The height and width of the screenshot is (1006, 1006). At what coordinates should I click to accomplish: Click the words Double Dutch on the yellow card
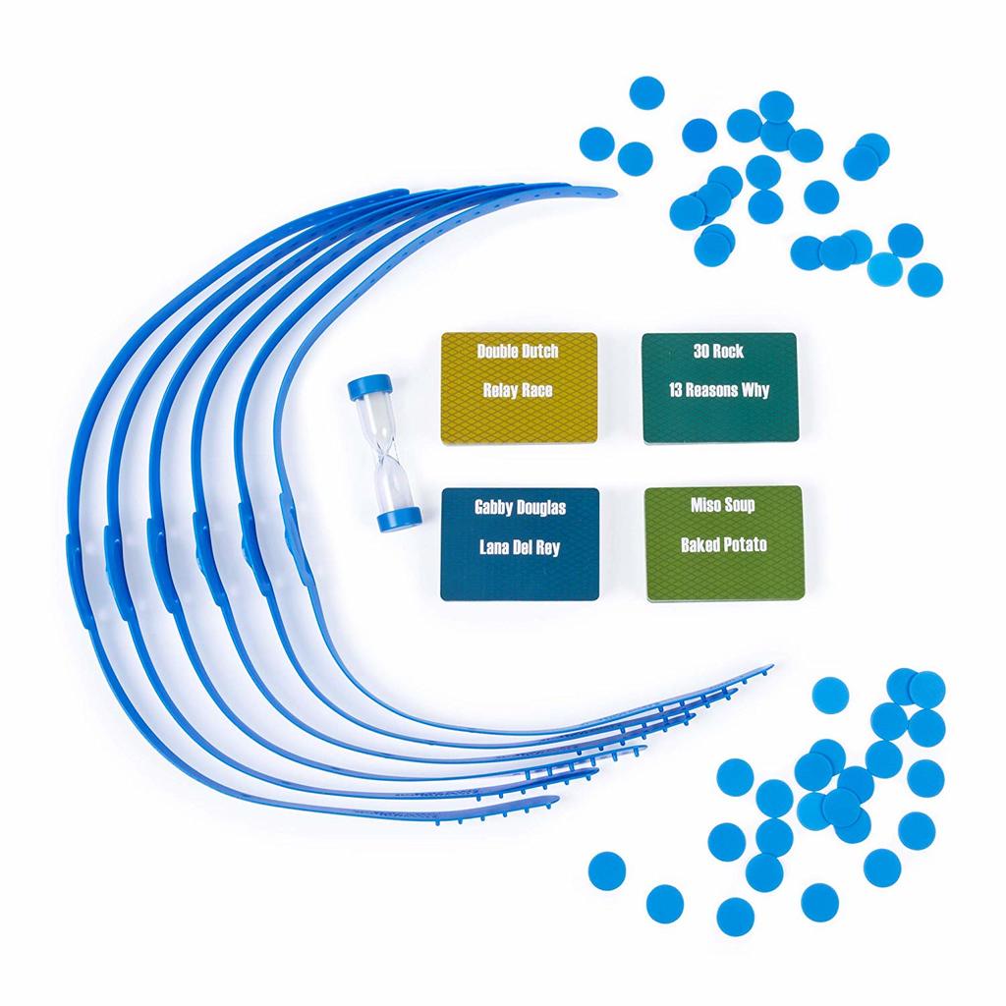point(515,351)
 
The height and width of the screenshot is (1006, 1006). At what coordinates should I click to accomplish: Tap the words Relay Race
point(517,390)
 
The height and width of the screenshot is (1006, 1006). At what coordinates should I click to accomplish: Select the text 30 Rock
point(717,351)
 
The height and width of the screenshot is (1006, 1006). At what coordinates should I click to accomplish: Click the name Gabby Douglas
point(520,508)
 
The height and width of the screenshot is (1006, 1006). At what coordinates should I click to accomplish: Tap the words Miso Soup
point(723,505)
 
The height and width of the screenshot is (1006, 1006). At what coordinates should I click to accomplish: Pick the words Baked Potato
point(723,544)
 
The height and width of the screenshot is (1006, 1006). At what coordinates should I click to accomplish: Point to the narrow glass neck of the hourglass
point(381,453)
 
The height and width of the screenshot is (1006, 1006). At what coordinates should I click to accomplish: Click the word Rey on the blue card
point(547,547)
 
